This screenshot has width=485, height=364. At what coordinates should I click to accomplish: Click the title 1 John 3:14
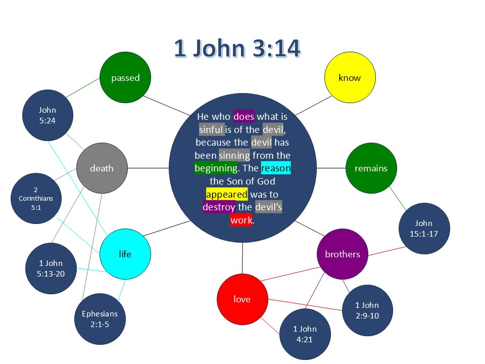coord(237,49)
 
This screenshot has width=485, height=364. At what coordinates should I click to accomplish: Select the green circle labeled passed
coord(125,77)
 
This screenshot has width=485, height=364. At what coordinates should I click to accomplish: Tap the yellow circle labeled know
coord(350,77)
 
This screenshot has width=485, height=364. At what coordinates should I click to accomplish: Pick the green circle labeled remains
coord(371,168)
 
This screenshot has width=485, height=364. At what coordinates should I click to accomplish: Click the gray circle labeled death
coord(102,168)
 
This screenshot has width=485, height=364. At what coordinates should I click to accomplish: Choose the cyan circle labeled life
coord(125,254)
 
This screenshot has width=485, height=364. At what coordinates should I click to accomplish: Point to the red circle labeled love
coord(242,299)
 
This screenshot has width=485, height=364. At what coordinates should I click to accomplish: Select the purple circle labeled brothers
coord(343,254)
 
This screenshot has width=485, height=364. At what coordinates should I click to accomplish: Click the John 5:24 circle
coord(47,115)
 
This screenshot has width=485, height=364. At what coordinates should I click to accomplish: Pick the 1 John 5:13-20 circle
coord(51,268)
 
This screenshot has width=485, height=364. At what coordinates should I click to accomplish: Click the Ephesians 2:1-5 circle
coord(100,319)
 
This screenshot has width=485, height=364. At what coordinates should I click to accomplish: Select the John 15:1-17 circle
coord(424,229)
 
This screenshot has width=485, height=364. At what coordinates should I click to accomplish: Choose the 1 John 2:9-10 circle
coord(367,310)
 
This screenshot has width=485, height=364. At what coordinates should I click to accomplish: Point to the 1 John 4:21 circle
coord(305,334)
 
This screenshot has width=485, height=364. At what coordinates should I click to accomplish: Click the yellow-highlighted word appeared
coord(227,194)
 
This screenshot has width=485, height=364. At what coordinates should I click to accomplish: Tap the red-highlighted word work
coord(241,220)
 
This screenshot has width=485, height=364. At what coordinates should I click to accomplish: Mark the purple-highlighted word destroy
coord(219,207)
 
